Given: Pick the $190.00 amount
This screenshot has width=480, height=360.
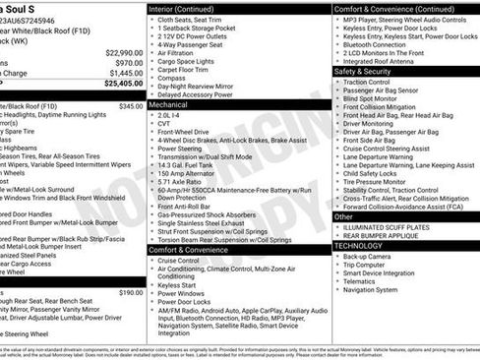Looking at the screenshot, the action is [x=130, y=292].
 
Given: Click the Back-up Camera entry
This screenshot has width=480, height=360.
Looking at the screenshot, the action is [x=371, y=256].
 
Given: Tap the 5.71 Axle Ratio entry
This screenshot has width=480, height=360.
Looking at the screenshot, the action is [x=182, y=182].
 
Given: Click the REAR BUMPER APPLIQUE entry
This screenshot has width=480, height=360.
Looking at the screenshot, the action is [x=389, y=235].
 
